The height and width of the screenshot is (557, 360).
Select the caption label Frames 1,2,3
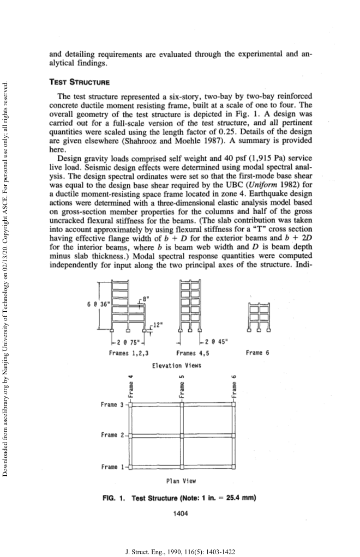point(127,353)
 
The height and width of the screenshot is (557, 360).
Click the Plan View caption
point(181,481)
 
